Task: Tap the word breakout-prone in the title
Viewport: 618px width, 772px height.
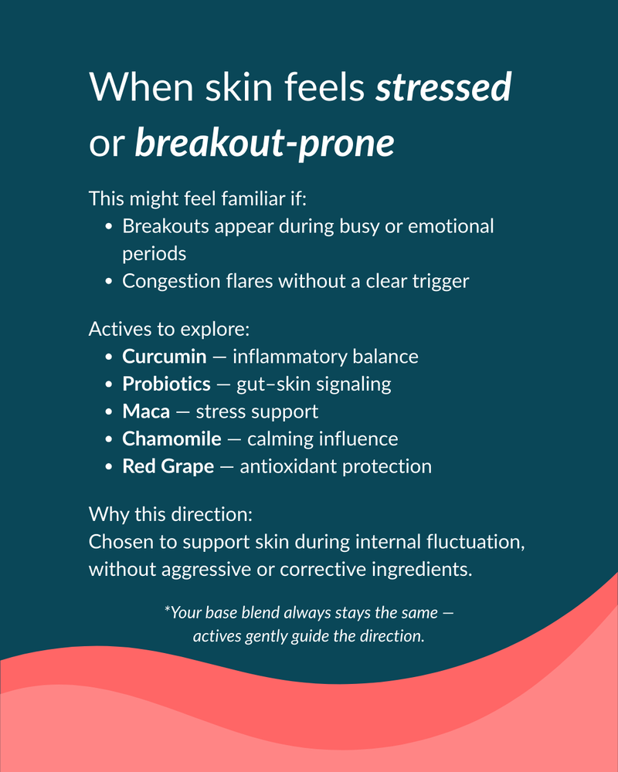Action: click(x=264, y=144)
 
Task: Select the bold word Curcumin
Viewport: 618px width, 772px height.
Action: click(x=165, y=357)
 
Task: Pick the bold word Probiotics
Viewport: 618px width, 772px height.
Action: click(x=166, y=384)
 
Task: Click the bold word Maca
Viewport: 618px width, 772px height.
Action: click(x=146, y=411)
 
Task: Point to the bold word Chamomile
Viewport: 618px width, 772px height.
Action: click(x=171, y=439)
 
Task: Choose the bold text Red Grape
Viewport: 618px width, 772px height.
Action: click(x=168, y=467)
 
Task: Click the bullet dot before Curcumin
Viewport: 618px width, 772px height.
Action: click(x=109, y=357)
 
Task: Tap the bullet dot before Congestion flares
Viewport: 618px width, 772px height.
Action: click(x=109, y=281)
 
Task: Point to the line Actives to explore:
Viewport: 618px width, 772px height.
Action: click(x=169, y=329)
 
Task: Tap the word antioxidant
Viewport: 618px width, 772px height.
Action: click(x=287, y=467)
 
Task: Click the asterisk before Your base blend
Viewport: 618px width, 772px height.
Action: click(x=167, y=610)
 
